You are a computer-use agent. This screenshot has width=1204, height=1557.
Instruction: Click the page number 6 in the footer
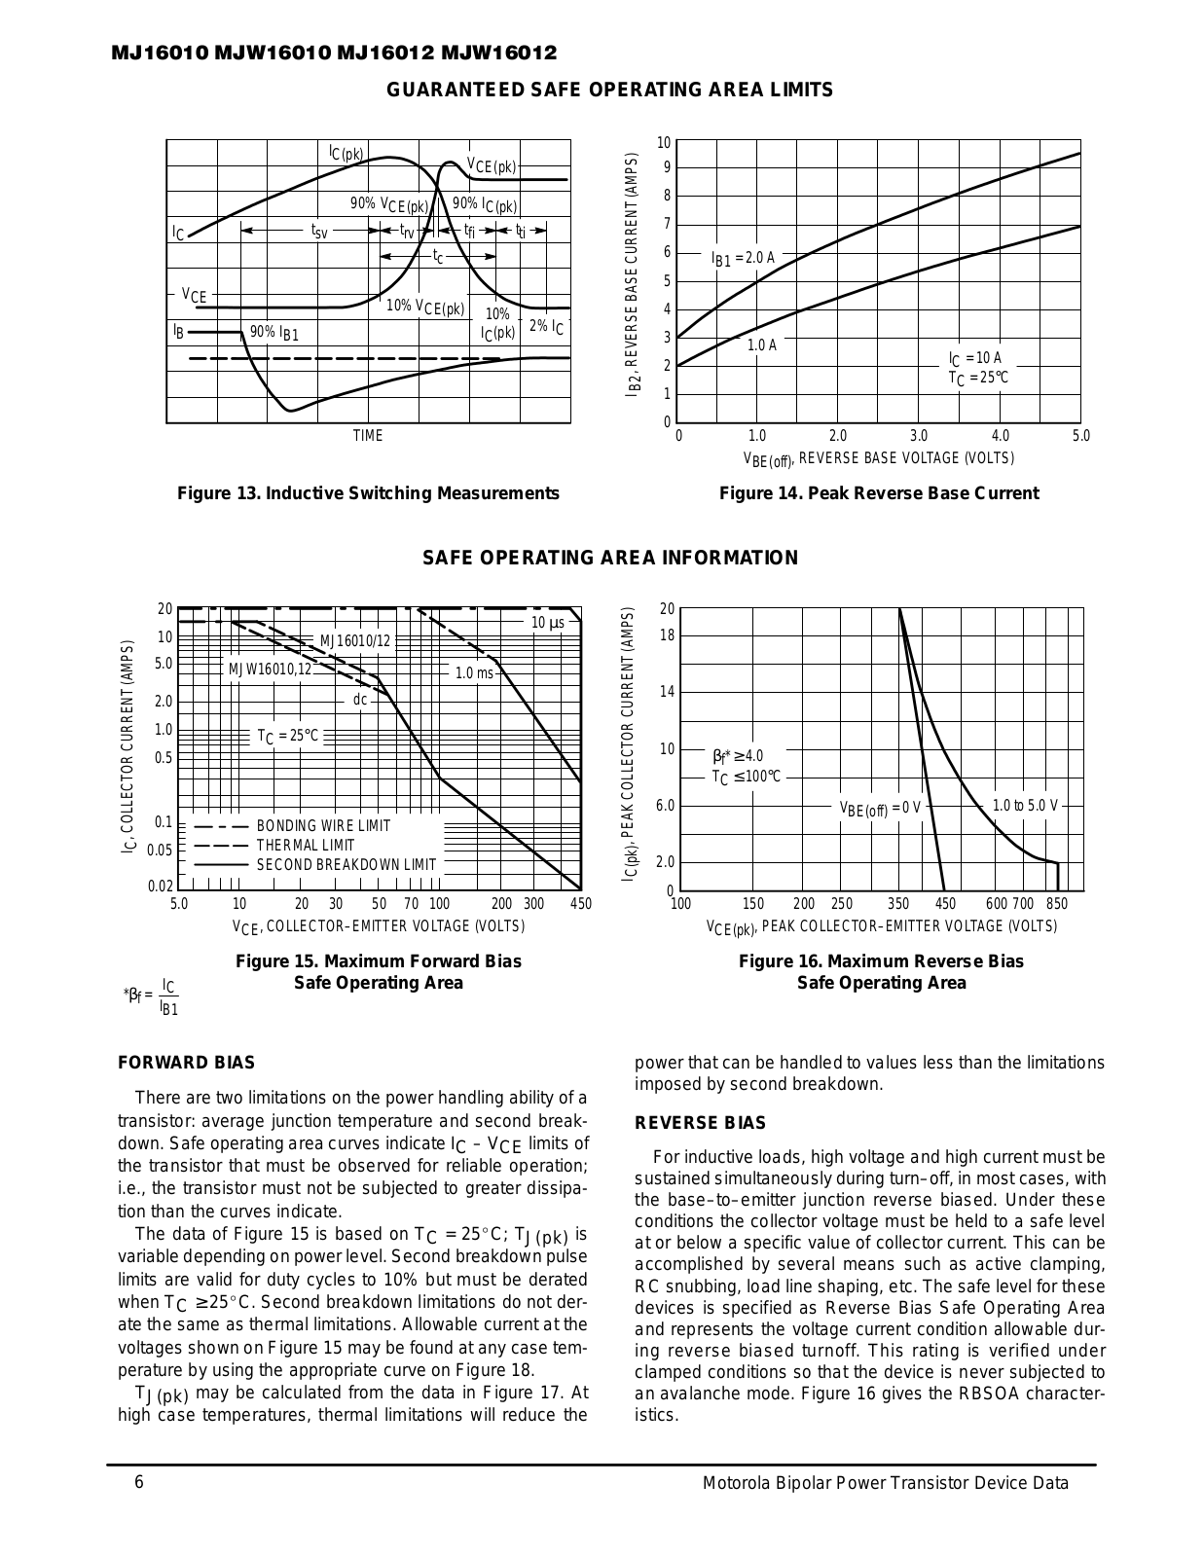(x=139, y=1483)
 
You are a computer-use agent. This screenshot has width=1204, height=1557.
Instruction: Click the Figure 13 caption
(x=368, y=493)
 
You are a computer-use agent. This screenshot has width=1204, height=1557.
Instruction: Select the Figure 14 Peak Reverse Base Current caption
(x=879, y=493)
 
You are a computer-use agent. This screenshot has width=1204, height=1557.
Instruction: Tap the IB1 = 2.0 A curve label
(x=744, y=258)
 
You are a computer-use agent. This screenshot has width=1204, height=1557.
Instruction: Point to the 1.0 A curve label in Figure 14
(x=761, y=344)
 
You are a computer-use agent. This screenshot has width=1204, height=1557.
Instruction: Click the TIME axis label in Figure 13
(x=368, y=436)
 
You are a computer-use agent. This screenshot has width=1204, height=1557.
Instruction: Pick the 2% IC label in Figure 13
(x=546, y=326)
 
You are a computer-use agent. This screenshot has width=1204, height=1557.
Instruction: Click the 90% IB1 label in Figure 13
(x=274, y=333)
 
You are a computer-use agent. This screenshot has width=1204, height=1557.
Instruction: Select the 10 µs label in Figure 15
(x=548, y=623)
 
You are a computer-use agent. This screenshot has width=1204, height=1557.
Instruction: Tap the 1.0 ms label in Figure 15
(x=474, y=672)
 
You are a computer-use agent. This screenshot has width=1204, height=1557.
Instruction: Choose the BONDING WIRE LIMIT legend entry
(x=323, y=826)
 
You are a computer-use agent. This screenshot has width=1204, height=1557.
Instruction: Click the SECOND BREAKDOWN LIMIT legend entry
(x=346, y=864)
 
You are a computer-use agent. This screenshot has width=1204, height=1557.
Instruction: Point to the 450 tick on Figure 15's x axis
(x=580, y=904)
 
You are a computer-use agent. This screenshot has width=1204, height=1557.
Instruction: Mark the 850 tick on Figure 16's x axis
(x=1057, y=904)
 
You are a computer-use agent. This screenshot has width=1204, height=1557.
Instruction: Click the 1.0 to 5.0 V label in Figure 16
(x=1024, y=806)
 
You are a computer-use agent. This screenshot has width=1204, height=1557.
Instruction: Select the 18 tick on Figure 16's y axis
(x=667, y=635)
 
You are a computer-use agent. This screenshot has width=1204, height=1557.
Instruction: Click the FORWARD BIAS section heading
(x=186, y=1063)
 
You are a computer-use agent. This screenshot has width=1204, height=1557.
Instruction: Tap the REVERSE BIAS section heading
(x=701, y=1123)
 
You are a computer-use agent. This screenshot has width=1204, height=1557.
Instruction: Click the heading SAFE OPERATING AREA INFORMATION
(x=610, y=558)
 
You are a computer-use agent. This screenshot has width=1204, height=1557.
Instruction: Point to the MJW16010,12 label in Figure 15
(x=270, y=670)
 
